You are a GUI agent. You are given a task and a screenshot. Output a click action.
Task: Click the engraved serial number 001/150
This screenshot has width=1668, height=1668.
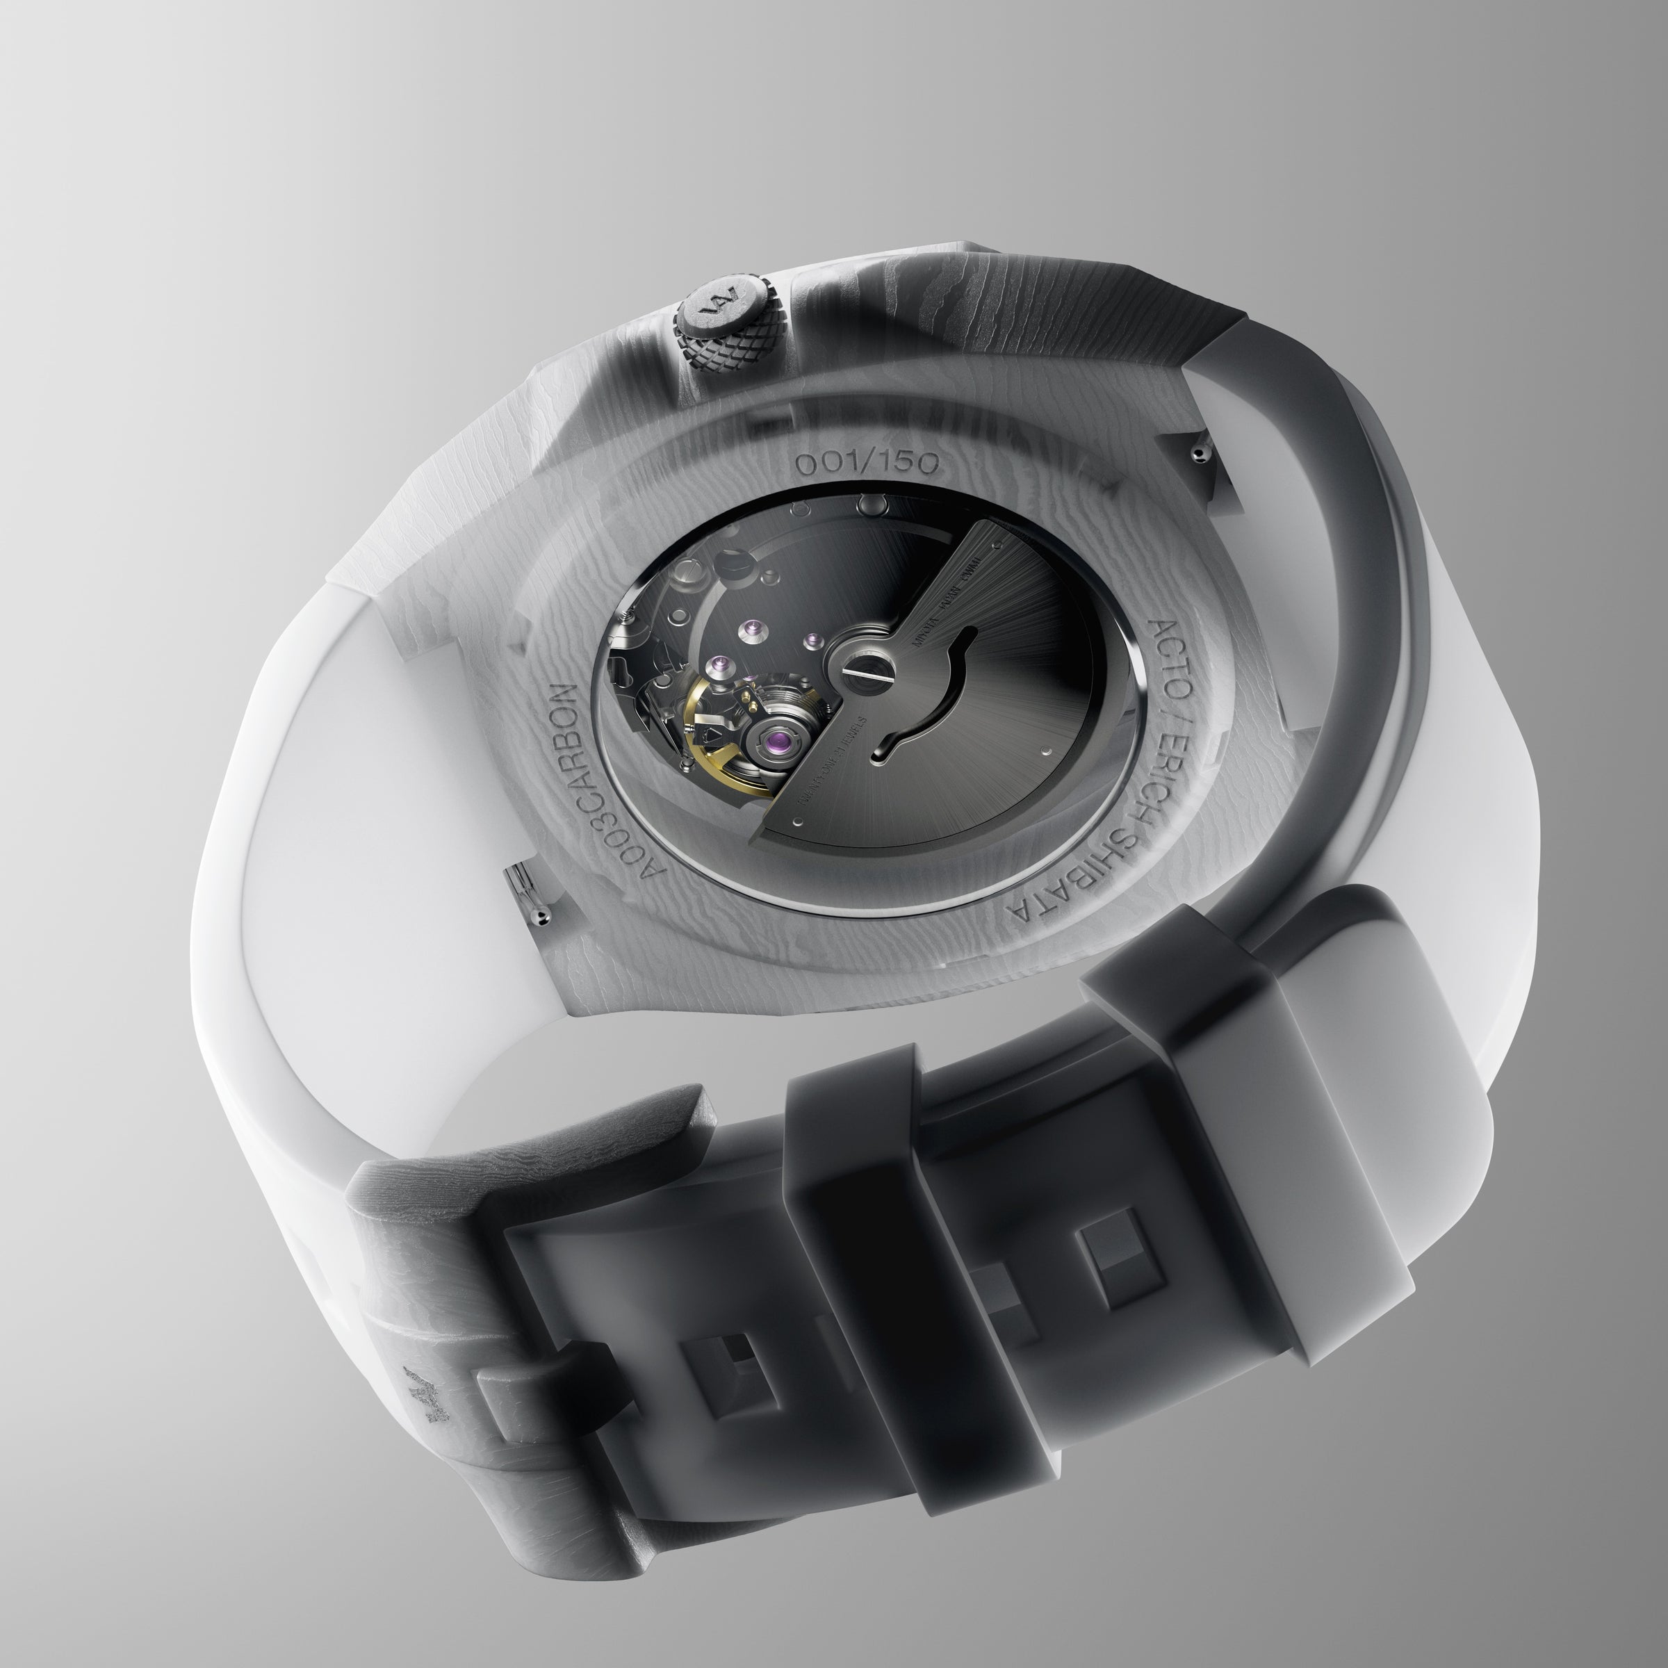pos(866,464)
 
